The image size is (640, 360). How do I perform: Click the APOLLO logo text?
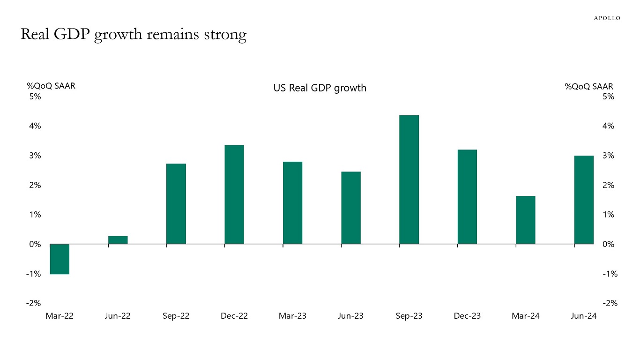click(x=607, y=18)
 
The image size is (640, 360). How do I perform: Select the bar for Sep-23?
click(x=409, y=180)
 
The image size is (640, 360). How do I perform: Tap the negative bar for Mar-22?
click(x=60, y=259)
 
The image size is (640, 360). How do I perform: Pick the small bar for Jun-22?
click(x=118, y=240)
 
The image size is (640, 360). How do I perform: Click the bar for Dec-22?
click(x=234, y=195)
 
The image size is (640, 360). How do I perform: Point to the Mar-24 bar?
click(x=526, y=220)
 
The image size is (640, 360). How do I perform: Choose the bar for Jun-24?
click(x=584, y=200)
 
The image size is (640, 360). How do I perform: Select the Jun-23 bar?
click(x=351, y=208)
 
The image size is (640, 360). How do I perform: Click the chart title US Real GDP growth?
click(x=320, y=88)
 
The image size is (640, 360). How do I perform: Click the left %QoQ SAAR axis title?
click(x=51, y=86)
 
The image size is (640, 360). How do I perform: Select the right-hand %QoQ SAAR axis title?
click(x=589, y=86)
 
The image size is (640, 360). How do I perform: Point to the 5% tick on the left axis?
click(x=35, y=97)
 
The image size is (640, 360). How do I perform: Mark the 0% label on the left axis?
click(x=35, y=244)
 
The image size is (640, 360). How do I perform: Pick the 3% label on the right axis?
click(x=608, y=156)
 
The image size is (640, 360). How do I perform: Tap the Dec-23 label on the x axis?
click(x=467, y=316)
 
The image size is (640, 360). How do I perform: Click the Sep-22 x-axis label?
click(x=176, y=316)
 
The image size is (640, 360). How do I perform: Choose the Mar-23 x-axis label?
click(x=292, y=316)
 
